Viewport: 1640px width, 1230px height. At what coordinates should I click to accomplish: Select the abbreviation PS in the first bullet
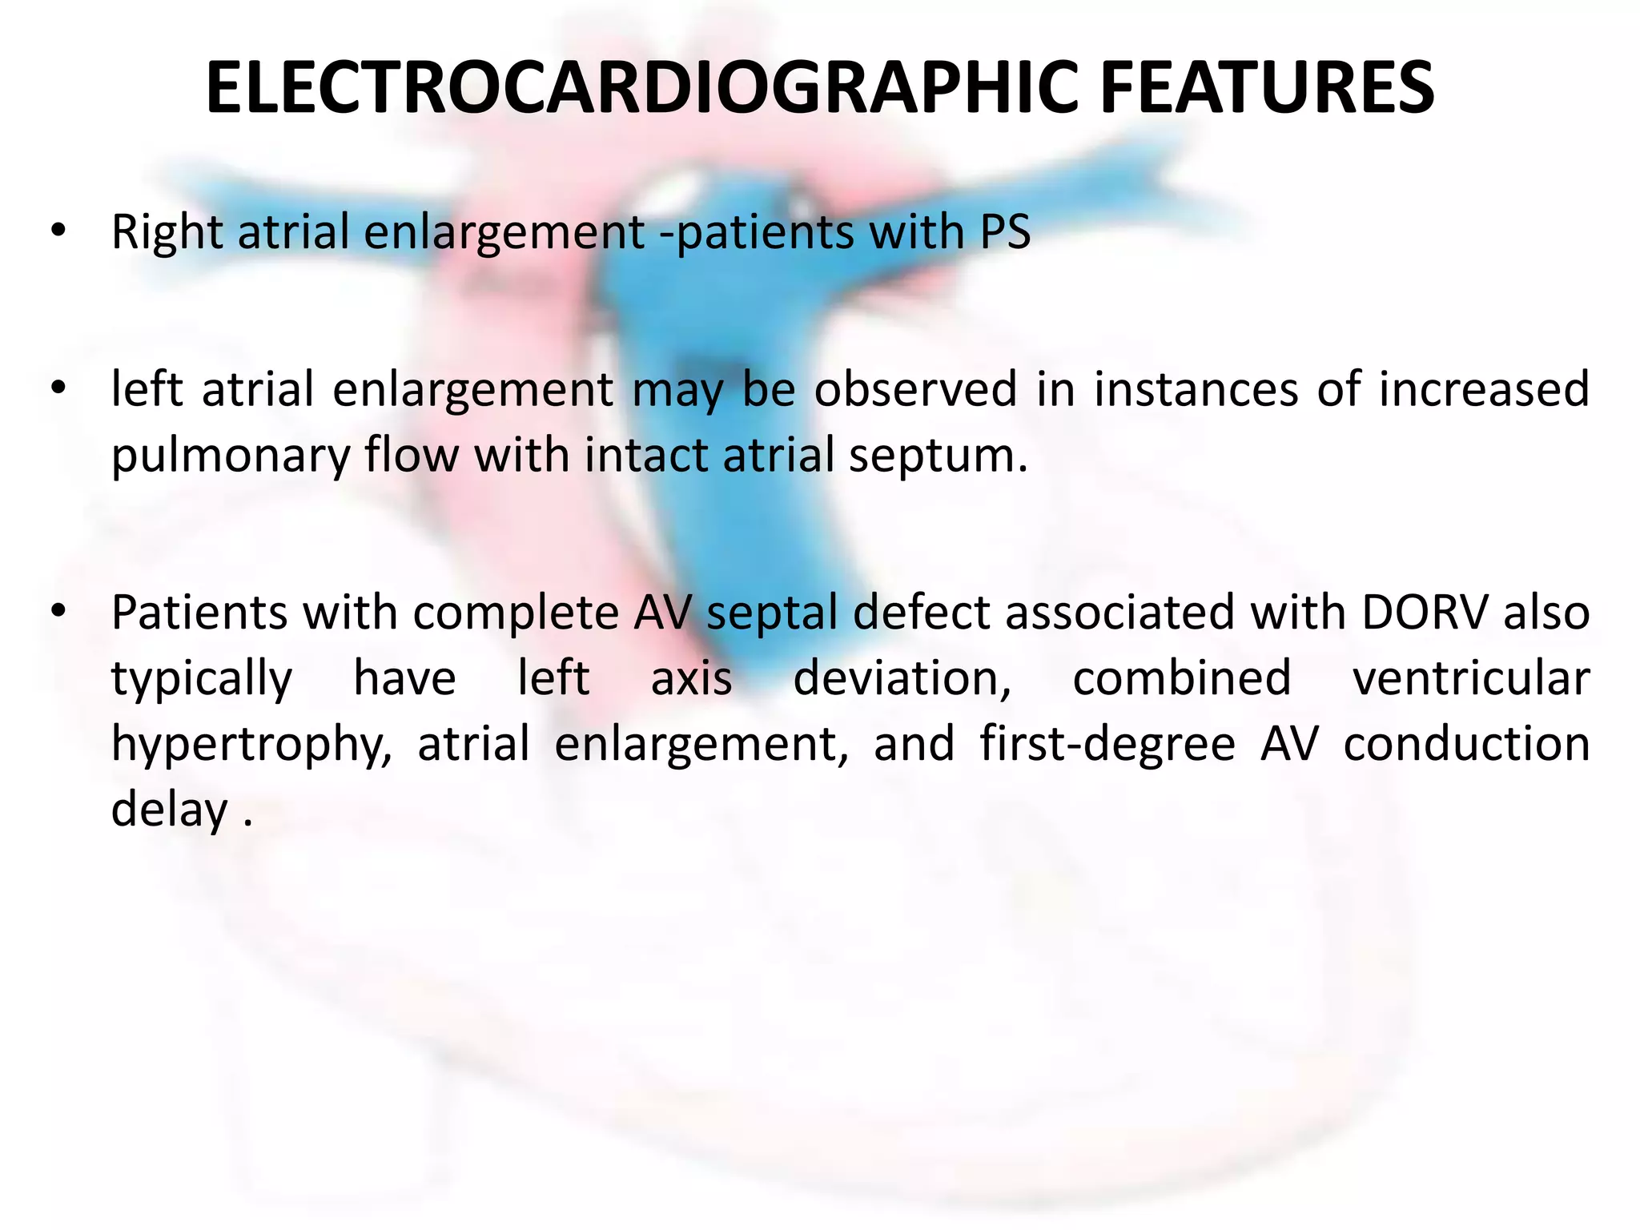pyautogui.click(x=1005, y=232)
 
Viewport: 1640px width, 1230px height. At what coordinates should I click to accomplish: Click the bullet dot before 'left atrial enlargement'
pyautogui.click(x=57, y=389)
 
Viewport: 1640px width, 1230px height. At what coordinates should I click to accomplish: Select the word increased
pyautogui.click(x=1483, y=389)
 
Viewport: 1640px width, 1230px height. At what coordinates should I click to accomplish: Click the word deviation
pyautogui.click(x=902, y=678)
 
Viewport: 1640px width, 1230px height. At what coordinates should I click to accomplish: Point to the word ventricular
pyautogui.click(x=1470, y=678)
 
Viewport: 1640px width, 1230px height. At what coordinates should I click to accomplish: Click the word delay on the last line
pyautogui.click(x=170, y=810)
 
